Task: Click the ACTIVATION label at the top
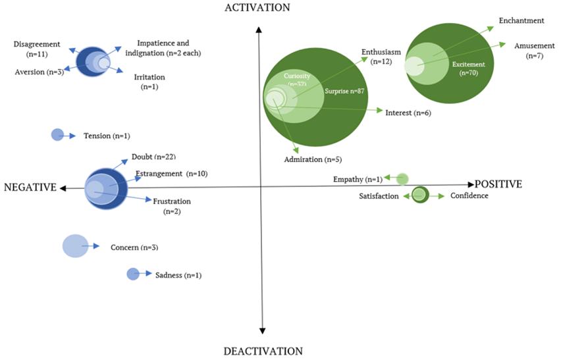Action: click(x=257, y=8)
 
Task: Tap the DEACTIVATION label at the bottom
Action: click(x=263, y=351)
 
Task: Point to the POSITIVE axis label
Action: click(x=498, y=184)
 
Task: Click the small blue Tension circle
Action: click(x=57, y=135)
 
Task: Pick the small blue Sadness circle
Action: click(x=133, y=274)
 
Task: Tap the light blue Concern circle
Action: click(x=75, y=245)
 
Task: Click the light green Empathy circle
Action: click(x=402, y=178)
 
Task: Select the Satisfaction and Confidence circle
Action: click(x=419, y=195)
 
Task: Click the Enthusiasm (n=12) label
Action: click(x=381, y=57)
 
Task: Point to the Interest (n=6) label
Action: click(x=408, y=113)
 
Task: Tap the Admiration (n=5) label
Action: click(x=312, y=159)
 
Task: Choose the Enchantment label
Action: click(x=521, y=20)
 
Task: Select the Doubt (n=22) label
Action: click(x=153, y=157)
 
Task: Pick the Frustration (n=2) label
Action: click(x=172, y=206)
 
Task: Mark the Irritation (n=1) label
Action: click(x=149, y=82)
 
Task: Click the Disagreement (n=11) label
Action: click(x=37, y=49)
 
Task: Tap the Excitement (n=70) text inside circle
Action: click(x=469, y=68)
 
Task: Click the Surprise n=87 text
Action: click(x=345, y=91)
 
